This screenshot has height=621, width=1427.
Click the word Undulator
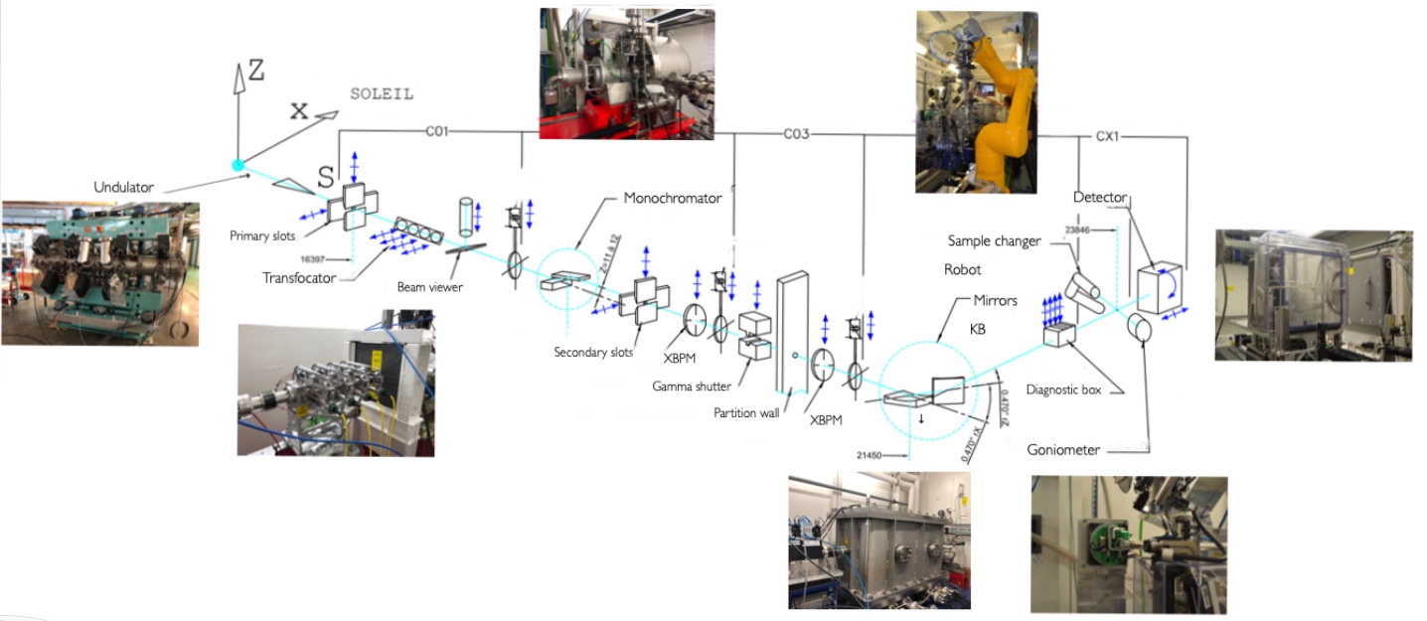pos(124,187)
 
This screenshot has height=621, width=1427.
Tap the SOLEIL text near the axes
pos(382,94)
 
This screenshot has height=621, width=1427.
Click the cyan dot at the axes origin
pos(238,165)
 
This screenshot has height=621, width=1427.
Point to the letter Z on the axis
pos(256,71)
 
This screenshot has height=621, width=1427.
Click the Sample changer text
pos(994,241)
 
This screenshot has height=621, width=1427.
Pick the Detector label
pos(1100,198)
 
